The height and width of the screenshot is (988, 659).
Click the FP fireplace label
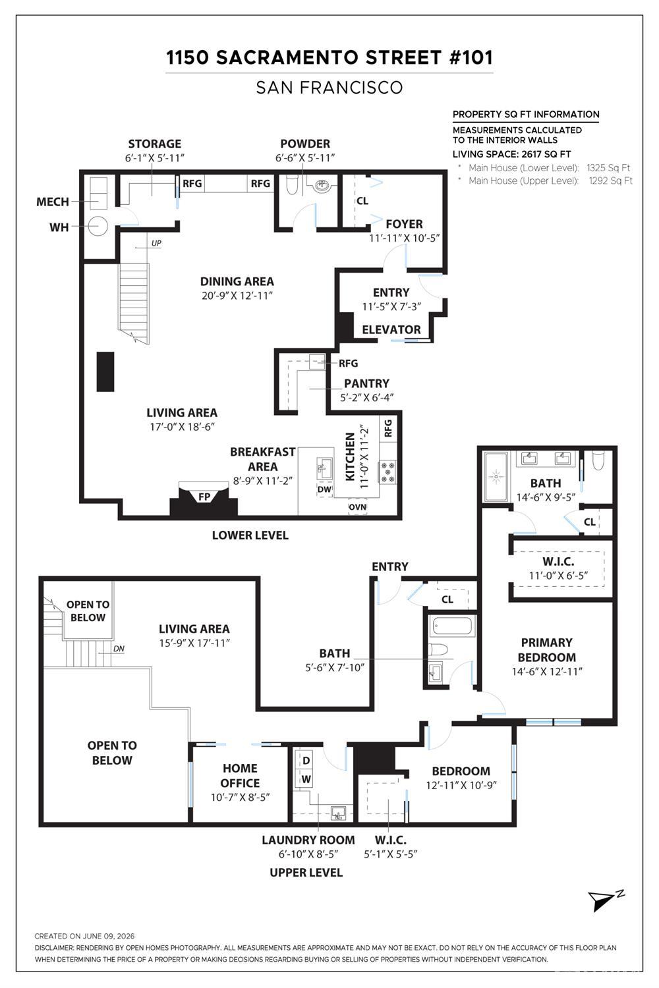pos(204,497)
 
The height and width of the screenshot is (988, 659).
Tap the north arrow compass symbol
pos(605,899)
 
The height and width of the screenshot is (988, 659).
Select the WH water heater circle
pos(98,227)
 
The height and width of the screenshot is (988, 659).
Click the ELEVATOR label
pos(391,329)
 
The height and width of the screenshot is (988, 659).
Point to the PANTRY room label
pos(366,383)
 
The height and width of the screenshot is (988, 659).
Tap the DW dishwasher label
pos(324,489)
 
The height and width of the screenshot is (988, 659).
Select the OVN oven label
pos(358,507)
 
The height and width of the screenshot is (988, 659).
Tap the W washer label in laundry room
pos(306,779)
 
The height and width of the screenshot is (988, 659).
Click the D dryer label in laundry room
pos(306,761)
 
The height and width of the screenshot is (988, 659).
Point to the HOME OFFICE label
pos(240,775)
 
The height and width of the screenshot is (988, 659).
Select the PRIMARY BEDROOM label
pos(546,649)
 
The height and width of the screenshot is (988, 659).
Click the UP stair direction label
pos(156,244)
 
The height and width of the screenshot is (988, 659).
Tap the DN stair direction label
pos(119,649)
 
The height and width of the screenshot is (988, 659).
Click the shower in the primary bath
pos(497,477)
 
